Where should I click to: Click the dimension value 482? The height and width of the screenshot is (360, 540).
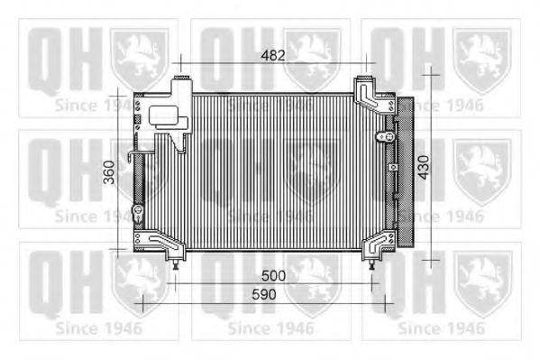point(273,56)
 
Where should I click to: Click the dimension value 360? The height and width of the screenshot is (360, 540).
point(109,172)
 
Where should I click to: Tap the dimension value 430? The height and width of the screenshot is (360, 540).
point(424,167)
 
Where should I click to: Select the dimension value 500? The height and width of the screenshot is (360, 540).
point(274,275)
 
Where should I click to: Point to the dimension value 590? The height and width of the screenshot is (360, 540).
point(264,294)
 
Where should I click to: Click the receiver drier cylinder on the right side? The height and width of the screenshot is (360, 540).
point(405,171)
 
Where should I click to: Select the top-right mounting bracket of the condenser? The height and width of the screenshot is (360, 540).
point(372,96)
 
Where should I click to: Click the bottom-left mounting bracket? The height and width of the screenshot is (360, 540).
point(160,244)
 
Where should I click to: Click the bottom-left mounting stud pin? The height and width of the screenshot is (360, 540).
point(176,265)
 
